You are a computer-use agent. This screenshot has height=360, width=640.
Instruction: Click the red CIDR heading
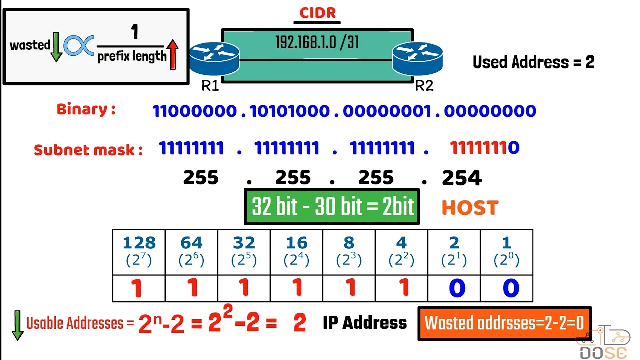coord(317,13)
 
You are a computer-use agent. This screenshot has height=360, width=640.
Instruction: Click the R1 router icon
coord(214,59)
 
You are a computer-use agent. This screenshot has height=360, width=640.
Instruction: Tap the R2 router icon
coord(417,59)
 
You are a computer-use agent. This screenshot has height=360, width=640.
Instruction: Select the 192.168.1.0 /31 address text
coord(317,42)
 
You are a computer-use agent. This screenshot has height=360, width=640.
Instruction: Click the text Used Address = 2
coord(533,62)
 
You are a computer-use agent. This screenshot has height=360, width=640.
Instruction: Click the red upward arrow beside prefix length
coord(173,55)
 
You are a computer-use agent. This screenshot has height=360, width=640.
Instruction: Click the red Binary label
coord(86,109)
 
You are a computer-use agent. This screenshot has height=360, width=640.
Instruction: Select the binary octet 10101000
coord(290,111)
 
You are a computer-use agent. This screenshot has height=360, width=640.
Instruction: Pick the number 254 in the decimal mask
coord(462,178)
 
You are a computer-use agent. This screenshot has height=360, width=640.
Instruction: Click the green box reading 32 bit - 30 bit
coord(332,206)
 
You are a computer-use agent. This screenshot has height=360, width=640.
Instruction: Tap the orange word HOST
coord(470,208)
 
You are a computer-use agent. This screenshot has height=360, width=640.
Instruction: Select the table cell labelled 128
coord(139,252)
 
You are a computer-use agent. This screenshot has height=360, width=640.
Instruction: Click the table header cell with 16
coord(296,252)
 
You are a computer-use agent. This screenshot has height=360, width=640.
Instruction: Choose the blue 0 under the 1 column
coord(506,288)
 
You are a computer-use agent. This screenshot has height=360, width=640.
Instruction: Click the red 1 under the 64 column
coord(192,288)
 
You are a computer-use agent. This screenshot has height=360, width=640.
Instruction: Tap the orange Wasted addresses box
coord(504,323)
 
